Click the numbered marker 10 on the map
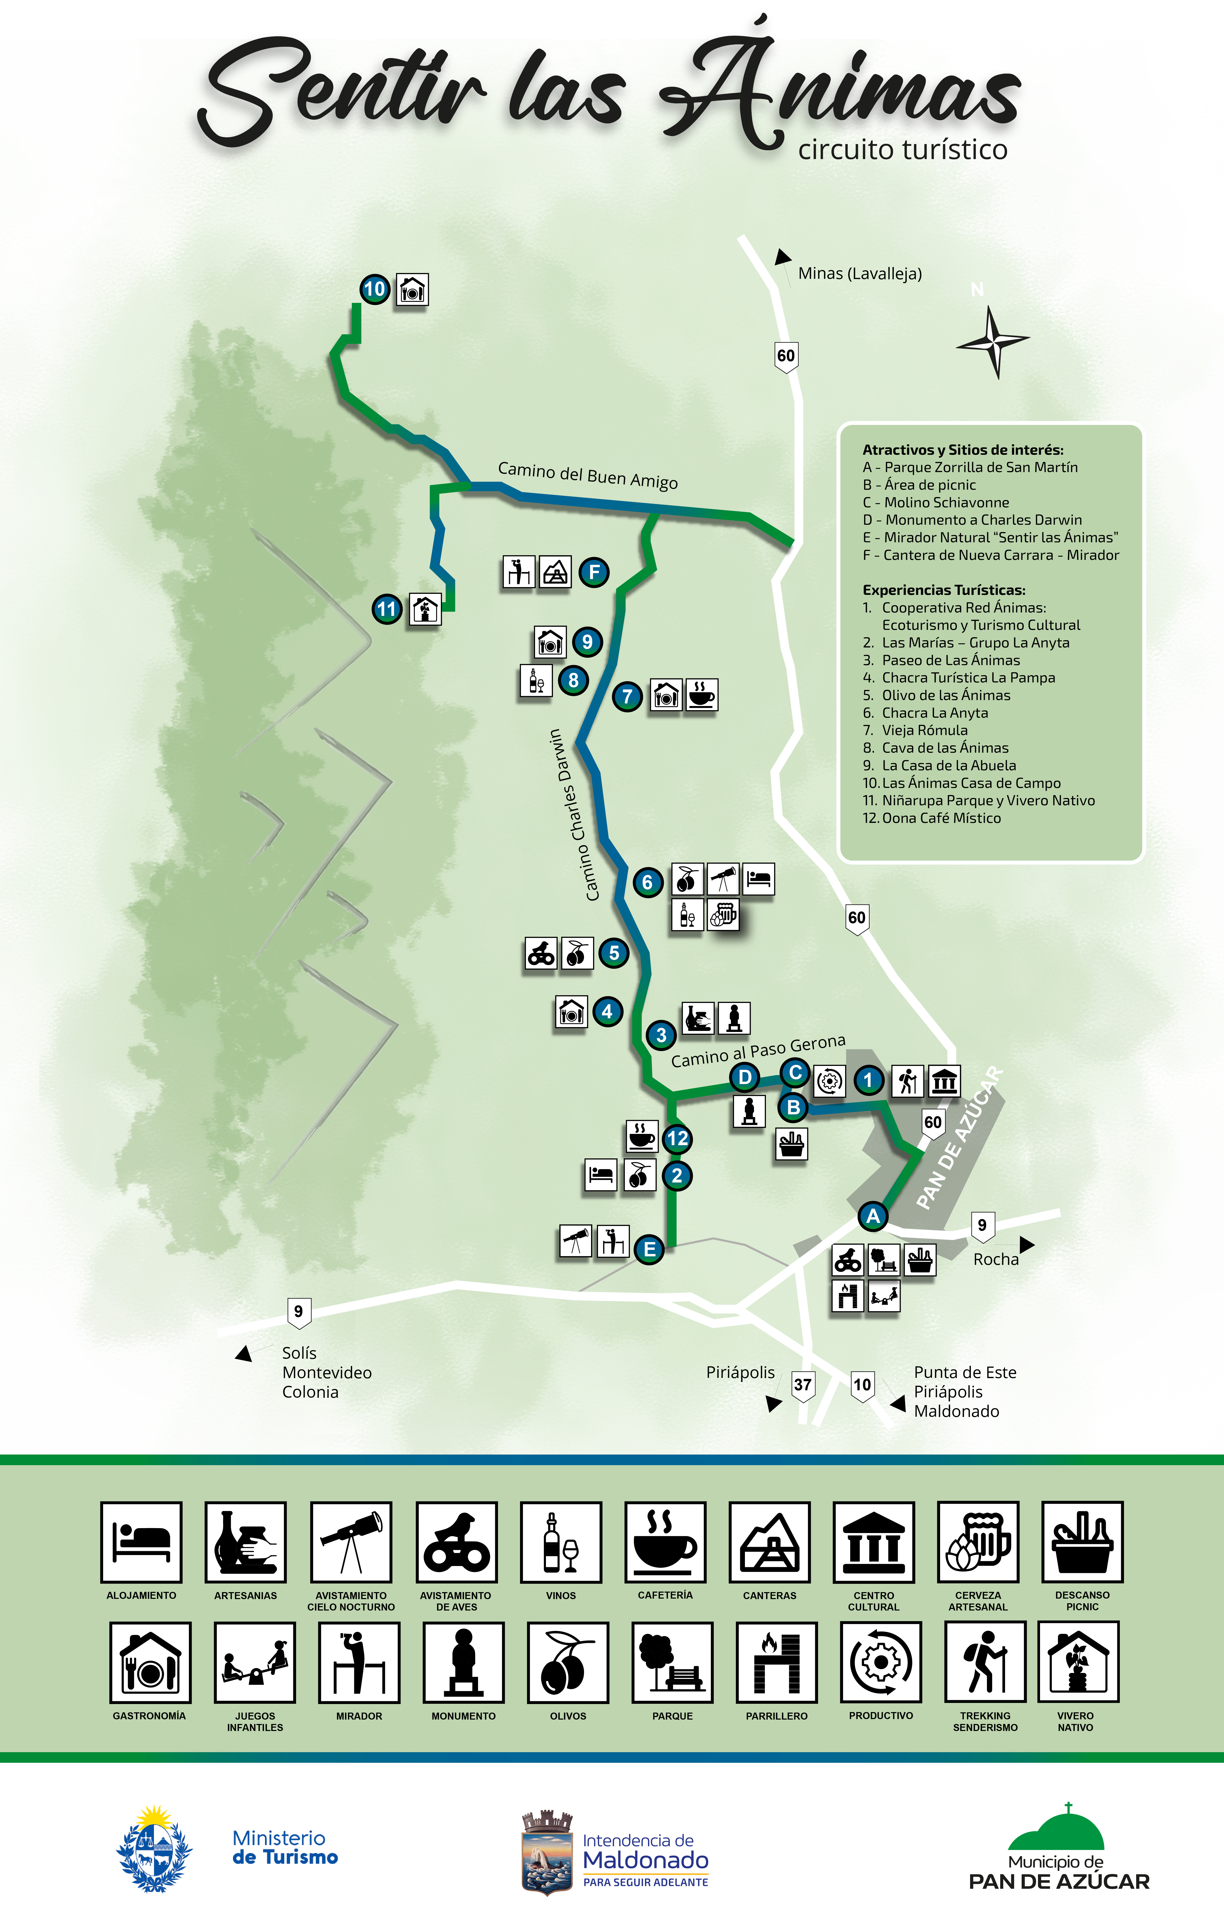tap(375, 289)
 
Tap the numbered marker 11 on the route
tap(387, 609)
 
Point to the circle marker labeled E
tap(649, 1249)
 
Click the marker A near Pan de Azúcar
tap(873, 1216)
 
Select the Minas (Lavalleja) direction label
tap(859, 273)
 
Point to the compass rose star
tap(993, 341)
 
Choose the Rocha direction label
tap(995, 1259)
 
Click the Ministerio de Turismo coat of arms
tap(154, 1849)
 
